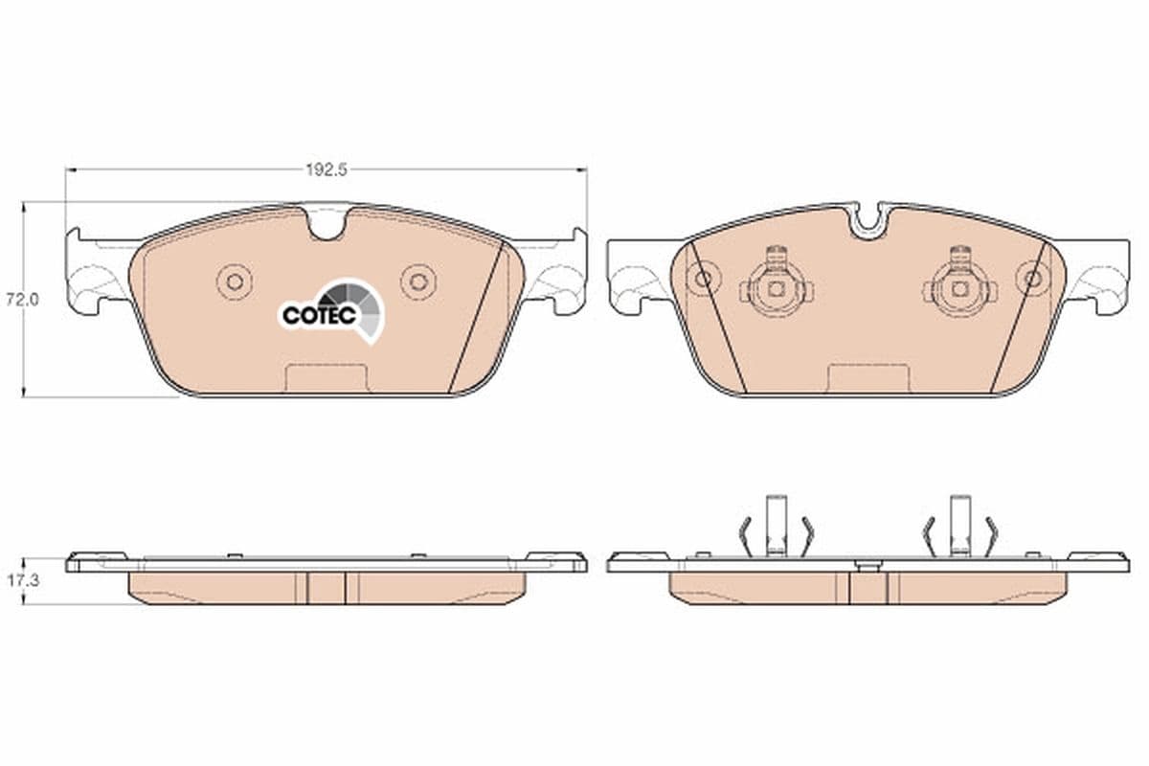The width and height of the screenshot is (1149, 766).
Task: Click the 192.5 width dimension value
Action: click(325, 169)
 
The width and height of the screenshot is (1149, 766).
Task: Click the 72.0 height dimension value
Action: click(20, 299)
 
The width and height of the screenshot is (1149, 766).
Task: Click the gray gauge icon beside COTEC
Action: click(360, 304)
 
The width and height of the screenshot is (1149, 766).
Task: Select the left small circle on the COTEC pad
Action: click(233, 281)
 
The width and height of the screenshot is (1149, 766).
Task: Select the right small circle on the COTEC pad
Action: click(417, 281)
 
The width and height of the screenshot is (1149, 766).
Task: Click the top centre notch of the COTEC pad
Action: click(326, 225)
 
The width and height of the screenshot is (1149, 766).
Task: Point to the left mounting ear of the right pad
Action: click(636, 278)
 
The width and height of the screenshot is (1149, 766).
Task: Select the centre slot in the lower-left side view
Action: click(327, 587)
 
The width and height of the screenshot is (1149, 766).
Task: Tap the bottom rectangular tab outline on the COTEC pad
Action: click(327, 377)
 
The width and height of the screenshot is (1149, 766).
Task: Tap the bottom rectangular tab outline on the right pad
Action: click(867, 377)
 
